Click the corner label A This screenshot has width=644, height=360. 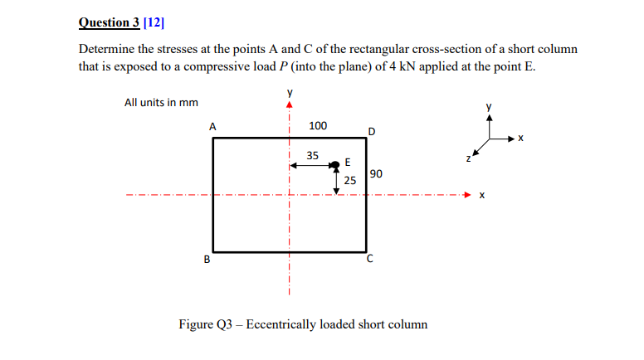pyautogui.click(x=212, y=127)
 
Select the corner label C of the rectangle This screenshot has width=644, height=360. pyautogui.click(x=371, y=259)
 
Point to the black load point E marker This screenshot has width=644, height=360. pyautogui.click(x=334, y=166)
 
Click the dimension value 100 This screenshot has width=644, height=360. pyautogui.click(x=318, y=126)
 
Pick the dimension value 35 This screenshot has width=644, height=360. pyautogui.click(x=312, y=155)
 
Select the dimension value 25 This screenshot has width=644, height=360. pyautogui.click(x=349, y=179)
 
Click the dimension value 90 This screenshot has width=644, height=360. pyautogui.click(x=377, y=174)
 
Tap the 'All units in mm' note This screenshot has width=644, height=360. pyautogui.click(x=161, y=103)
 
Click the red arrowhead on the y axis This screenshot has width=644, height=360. pyautogui.click(x=290, y=105)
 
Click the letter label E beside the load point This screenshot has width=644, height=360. pyautogui.click(x=347, y=161)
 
